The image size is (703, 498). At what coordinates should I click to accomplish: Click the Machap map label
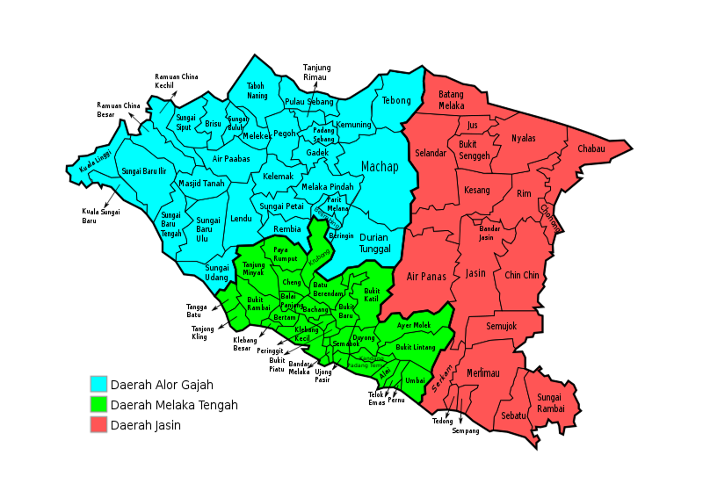380,167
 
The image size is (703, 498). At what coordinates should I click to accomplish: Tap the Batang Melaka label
451,100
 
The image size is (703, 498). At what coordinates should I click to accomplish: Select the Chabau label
591,149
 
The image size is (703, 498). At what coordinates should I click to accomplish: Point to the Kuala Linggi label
95,162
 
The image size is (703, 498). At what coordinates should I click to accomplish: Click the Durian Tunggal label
374,243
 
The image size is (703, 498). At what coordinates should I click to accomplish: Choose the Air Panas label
426,277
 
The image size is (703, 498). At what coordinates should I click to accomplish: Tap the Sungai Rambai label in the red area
550,403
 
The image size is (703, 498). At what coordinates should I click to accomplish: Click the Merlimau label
482,373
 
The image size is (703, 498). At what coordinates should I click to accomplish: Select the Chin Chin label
522,275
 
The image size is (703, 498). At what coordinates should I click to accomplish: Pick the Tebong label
396,101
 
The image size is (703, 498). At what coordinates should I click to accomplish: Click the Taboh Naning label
257,90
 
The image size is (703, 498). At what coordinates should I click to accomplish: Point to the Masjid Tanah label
202,184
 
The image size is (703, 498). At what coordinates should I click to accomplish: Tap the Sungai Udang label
217,272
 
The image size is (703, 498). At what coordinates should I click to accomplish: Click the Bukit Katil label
373,295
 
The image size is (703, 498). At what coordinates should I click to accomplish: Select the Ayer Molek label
414,325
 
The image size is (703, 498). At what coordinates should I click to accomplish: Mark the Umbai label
415,381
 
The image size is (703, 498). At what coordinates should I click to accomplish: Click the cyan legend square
98,384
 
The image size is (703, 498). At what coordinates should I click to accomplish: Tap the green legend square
98,404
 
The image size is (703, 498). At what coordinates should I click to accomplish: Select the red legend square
98,424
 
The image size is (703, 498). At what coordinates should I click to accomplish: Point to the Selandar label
431,153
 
